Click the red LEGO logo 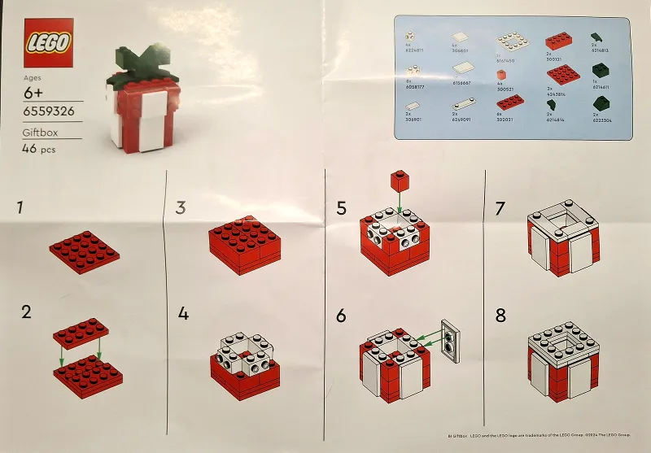point(50,42)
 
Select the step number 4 point(183,313)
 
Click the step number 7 point(500,208)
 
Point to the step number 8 point(500,313)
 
